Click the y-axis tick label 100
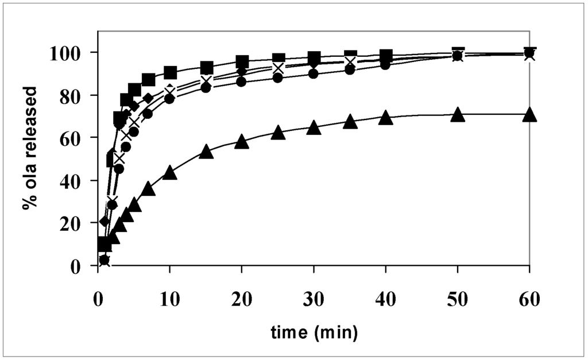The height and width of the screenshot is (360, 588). (72, 52)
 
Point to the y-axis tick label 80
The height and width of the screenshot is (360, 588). (77, 95)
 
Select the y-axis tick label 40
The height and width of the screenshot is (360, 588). (77, 180)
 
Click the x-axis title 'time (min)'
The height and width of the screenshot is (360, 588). (314, 331)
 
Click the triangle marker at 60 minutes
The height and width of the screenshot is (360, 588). (529, 114)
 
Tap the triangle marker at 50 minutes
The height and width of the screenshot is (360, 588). (457, 114)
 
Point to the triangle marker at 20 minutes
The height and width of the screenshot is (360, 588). (242, 141)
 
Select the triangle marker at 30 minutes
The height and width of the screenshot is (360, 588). (314, 127)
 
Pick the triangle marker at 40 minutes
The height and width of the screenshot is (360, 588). (386, 118)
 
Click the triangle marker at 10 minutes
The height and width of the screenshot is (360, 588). (169, 172)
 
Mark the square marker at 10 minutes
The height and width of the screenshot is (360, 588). (169, 73)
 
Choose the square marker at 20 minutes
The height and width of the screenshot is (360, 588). (242, 61)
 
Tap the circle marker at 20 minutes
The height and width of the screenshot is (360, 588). (242, 82)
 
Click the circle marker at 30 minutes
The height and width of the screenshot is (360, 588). (314, 73)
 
